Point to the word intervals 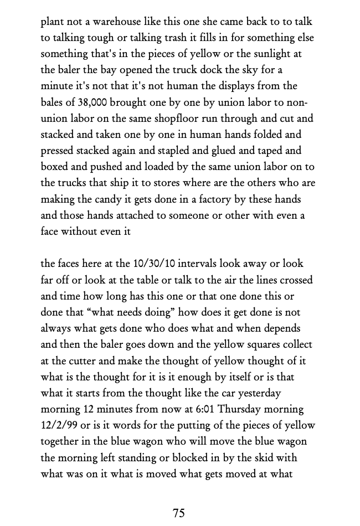point(194,264)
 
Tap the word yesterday point(258,393)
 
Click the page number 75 point(179,513)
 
